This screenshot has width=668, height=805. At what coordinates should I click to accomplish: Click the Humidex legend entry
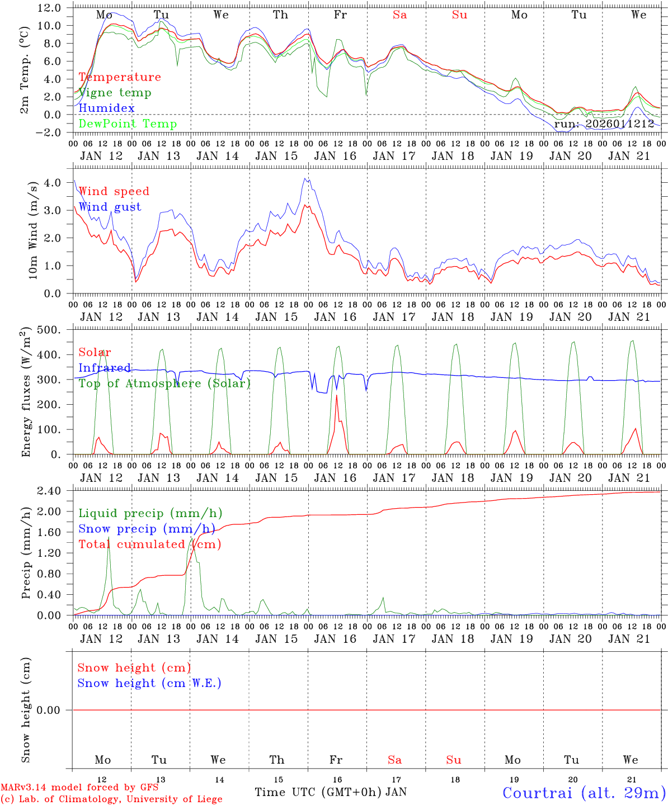[106, 108]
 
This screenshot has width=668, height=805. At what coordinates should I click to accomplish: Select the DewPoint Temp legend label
[128, 124]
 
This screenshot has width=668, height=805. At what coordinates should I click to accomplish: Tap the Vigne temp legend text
[115, 93]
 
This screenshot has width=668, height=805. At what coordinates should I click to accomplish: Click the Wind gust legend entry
[110, 207]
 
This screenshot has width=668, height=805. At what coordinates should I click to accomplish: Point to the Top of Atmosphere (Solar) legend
[164, 383]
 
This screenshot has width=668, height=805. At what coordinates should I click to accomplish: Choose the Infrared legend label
[105, 368]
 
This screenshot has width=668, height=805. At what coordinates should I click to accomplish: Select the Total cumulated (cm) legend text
[149, 544]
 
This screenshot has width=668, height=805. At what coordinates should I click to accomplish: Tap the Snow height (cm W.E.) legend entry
[149, 683]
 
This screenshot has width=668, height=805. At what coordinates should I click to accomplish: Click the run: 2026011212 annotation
[604, 124]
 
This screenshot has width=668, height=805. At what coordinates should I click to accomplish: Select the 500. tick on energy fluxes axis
[49, 330]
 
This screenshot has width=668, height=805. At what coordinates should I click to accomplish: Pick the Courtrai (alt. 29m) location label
[584, 792]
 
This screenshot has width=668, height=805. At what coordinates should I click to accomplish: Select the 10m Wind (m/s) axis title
[33, 230]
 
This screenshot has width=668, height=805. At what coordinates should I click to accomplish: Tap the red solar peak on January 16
[336, 396]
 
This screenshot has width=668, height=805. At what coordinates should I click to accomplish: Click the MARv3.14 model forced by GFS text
[79, 787]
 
